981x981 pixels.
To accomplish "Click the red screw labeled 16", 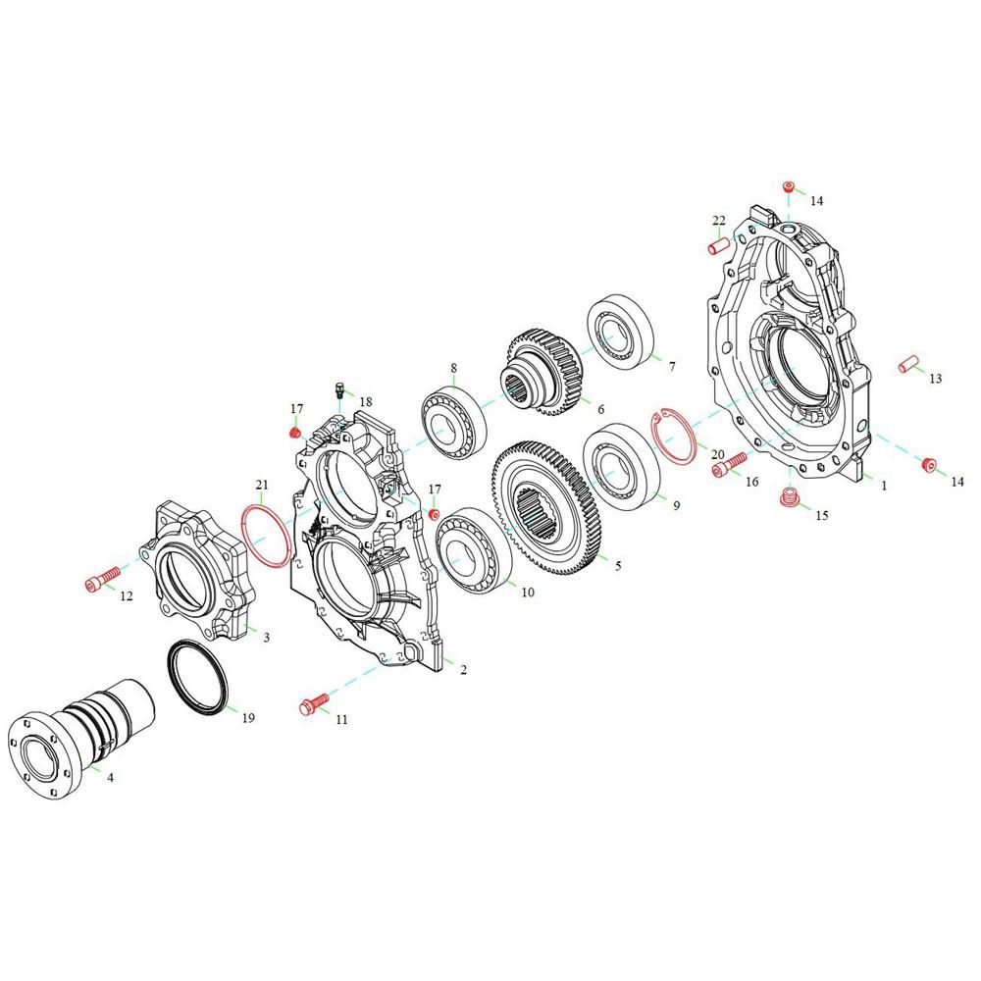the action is click(729, 464).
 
